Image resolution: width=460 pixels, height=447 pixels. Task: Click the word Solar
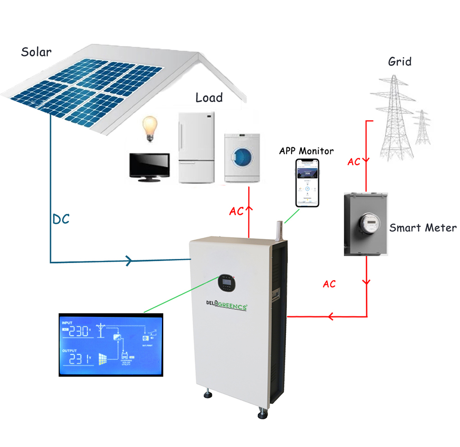(36, 52)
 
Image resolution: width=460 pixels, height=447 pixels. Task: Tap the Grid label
(399, 61)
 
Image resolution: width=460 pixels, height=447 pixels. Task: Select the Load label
(209, 97)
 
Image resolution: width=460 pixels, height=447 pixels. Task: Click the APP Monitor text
(306, 150)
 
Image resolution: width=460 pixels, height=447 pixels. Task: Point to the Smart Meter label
(423, 228)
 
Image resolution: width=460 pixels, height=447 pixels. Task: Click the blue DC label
(61, 219)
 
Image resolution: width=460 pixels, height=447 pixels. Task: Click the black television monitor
(149, 166)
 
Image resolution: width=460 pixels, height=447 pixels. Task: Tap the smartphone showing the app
(307, 183)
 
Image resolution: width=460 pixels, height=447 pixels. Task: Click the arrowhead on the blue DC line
(130, 262)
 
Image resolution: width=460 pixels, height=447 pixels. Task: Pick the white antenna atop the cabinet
(277, 229)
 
